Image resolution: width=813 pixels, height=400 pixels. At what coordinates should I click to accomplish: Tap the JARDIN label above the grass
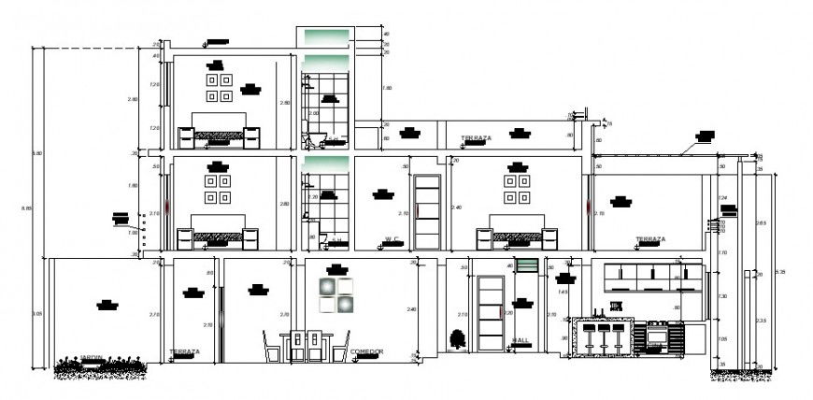[92, 357]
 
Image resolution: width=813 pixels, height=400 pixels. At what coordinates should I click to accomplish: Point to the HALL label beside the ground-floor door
[521, 340]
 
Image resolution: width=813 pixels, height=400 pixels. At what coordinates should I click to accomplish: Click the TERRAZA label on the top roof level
[476, 138]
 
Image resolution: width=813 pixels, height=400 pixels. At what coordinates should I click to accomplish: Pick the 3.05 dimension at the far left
[37, 313]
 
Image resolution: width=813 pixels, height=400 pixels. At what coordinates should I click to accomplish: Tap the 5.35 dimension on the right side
[780, 272]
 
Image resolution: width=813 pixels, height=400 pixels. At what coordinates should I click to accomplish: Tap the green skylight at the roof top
[323, 36]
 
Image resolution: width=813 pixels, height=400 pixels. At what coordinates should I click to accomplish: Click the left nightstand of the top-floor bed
[186, 138]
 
